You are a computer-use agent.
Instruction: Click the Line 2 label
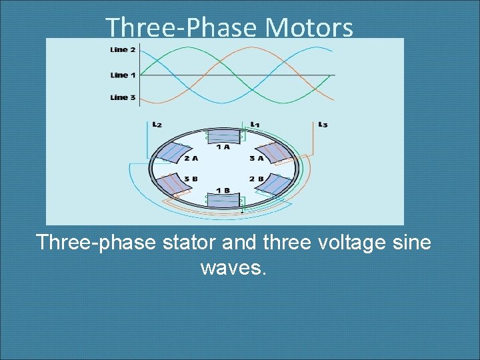[123, 50]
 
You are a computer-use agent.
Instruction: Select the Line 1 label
[123, 75]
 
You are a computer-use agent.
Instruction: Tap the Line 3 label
[123, 98]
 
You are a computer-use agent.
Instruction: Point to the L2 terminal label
[157, 124]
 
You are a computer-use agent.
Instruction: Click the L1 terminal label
[255, 124]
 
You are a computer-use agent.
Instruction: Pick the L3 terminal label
[323, 124]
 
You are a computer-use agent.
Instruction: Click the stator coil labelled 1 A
[223, 136]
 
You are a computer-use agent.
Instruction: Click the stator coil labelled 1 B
[223, 199]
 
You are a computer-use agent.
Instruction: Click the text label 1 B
[223, 190]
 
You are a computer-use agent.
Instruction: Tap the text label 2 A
[191, 159]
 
